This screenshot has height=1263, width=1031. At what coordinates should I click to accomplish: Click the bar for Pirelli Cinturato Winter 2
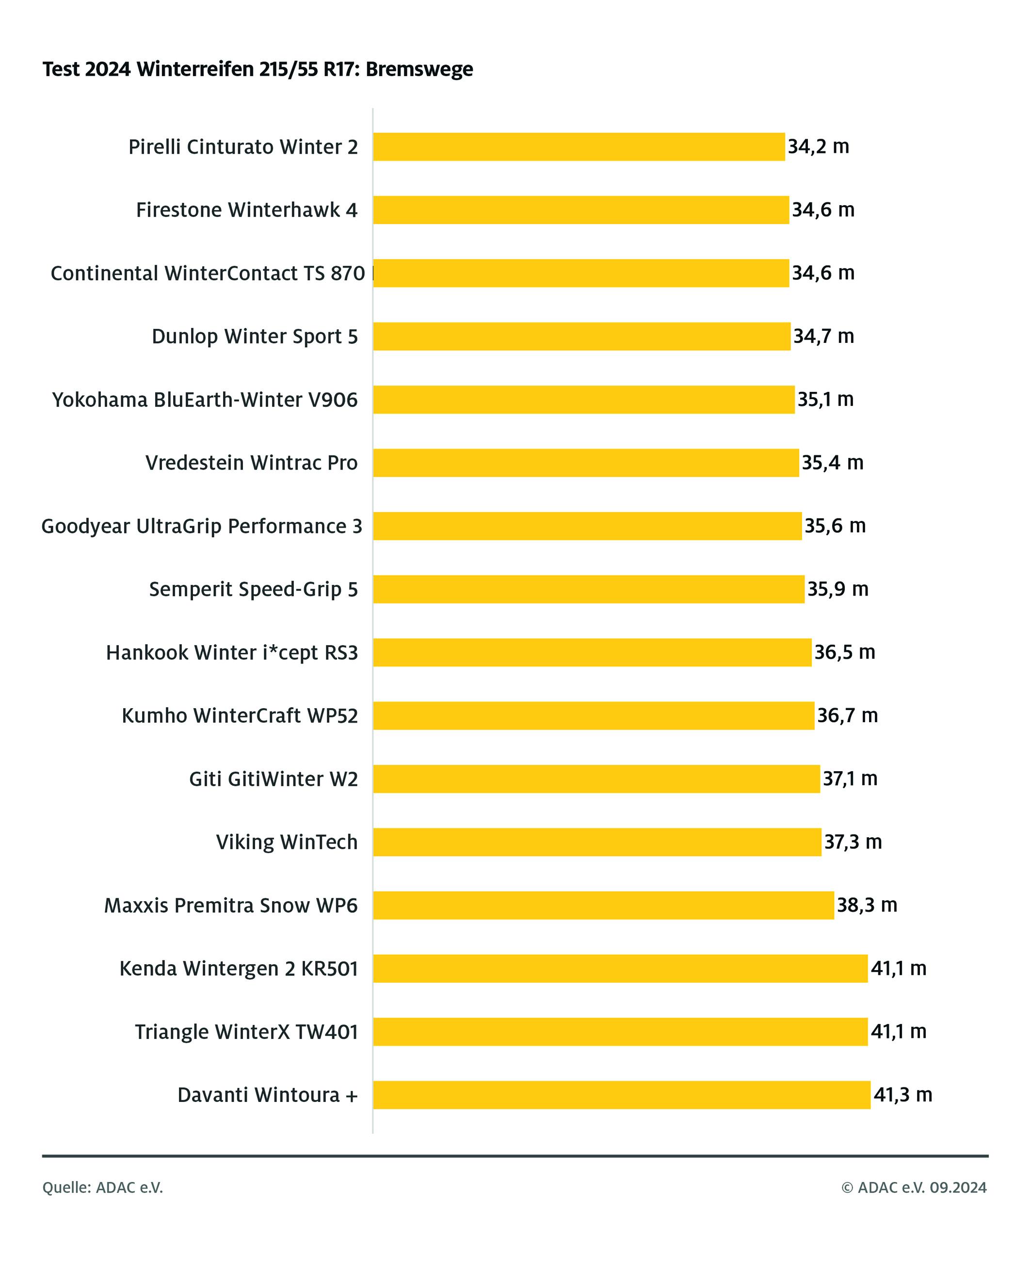[x=579, y=147]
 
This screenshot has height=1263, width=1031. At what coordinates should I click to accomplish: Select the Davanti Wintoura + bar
[x=622, y=1095]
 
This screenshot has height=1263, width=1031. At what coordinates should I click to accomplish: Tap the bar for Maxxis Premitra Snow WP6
[x=603, y=906]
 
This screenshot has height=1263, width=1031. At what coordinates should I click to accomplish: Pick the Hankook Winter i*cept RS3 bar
[x=592, y=652]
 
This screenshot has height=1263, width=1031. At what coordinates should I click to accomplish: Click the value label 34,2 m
[x=819, y=146]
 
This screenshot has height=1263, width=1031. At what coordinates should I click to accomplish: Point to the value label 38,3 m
[x=867, y=905]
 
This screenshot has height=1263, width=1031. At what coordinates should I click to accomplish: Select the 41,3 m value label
[x=902, y=1094]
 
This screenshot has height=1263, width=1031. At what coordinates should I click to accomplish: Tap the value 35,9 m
[x=838, y=589]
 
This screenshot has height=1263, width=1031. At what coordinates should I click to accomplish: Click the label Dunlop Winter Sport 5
[x=255, y=336]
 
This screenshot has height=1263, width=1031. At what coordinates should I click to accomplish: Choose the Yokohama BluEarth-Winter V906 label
[x=205, y=400]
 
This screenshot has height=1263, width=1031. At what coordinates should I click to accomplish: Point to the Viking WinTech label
[x=287, y=842]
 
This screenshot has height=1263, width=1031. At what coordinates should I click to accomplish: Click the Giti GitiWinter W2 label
[x=273, y=779]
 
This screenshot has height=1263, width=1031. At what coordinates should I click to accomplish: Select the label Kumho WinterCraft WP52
[x=240, y=715]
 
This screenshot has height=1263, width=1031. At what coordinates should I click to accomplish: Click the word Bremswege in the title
[x=419, y=69]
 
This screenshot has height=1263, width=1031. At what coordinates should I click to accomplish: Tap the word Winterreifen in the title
[x=195, y=69]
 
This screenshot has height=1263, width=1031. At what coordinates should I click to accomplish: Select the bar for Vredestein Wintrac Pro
[x=586, y=463]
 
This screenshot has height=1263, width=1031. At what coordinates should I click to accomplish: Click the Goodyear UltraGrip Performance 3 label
[x=201, y=526]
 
